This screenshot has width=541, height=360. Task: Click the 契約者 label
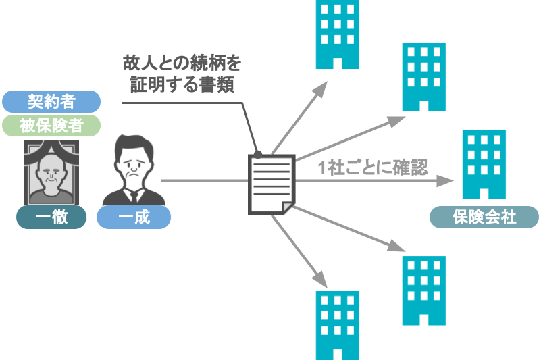(x=51, y=101)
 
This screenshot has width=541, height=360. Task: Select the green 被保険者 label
(x=51, y=126)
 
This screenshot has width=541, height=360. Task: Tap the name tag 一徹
(x=51, y=217)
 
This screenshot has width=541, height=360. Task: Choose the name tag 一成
(x=133, y=217)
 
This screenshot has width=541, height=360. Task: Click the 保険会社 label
(x=484, y=217)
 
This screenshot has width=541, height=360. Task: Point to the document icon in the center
(x=271, y=181)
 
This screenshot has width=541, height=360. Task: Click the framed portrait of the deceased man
(x=51, y=172)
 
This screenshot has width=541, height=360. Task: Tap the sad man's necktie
(x=133, y=196)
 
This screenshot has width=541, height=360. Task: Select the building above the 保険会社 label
(x=484, y=165)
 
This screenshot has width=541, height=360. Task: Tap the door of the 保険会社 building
(x=484, y=195)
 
